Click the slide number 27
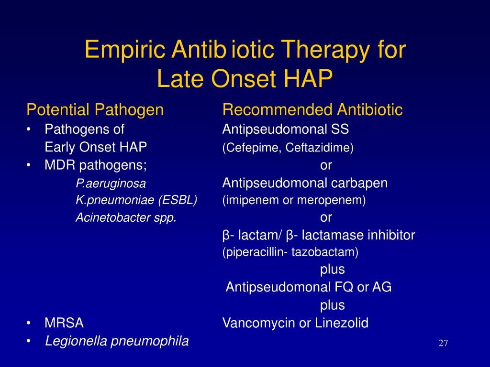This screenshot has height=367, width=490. [x=443, y=343]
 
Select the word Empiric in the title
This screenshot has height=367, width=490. [x=125, y=50]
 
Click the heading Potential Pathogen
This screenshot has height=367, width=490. [x=95, y=110]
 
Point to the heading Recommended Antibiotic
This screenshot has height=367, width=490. [x=312, y=110]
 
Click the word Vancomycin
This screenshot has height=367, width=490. [x=259, y=323]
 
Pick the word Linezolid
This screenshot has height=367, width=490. [x=342, y=323]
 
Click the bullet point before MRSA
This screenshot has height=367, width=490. [x=29, y=324]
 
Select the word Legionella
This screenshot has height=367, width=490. [x=76, y=341]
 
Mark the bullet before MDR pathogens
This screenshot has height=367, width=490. [x=29, y=165]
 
